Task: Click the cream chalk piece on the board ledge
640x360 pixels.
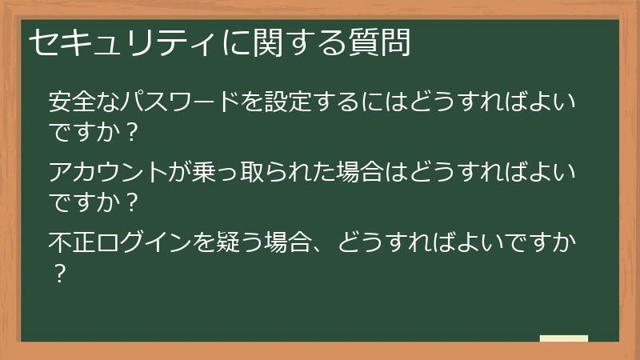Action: click(564, 339)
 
